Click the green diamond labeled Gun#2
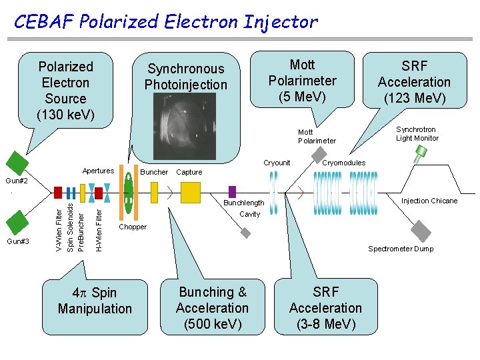pyautogui.click(x=16, y=162)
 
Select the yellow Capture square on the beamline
pyautogui.click(x=190, y=193)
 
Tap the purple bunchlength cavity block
pyautogui.click(x=232, y=192)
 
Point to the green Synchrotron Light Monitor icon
pyautogui.click(x=421, y=155)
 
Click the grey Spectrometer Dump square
pyautogui.click(x=419, y=231)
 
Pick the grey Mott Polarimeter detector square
pyautogui.click(x=246, y=233)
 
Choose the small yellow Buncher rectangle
pyautogui.click(x=154, y=193)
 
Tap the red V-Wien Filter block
pyautogui.click(x=58, y=193)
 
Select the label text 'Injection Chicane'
pyautogui.click(x=429, y=201)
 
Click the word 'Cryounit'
pyautogui.click(x=277, y=163)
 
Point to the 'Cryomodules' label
pyautogui.click(x=343, y=163)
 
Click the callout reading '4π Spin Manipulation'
pyautogui.click(x=95, y=301)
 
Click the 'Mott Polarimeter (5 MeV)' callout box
pyautogui.click(x=302, y=81)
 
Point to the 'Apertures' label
pyautogui.click(x=98, y=171)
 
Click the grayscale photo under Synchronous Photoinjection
pyautogui.click(x=185, y=126)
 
